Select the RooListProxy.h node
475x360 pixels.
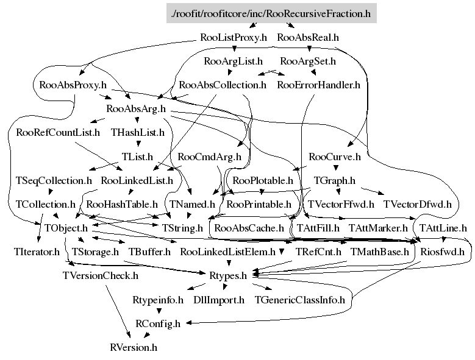tap(234, 37)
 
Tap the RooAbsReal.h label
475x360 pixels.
tap(308, 37)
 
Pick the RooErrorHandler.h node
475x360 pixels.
tap(318, 85)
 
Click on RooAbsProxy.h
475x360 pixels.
tap(73, 85)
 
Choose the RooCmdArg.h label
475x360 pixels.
tap(210, 157)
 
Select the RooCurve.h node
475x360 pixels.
tap(335, 157)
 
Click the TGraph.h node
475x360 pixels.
tap(334, 180)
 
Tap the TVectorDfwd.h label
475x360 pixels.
tap(418, 204)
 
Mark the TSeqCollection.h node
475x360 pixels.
tap(54, 180)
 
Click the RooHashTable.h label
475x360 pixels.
tap(122, 204)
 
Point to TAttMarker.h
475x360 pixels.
tap(378, 228)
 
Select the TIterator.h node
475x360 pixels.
tap(37, 251)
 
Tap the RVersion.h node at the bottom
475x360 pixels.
tap(134, 347)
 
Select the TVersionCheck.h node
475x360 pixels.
tap(101, 275)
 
